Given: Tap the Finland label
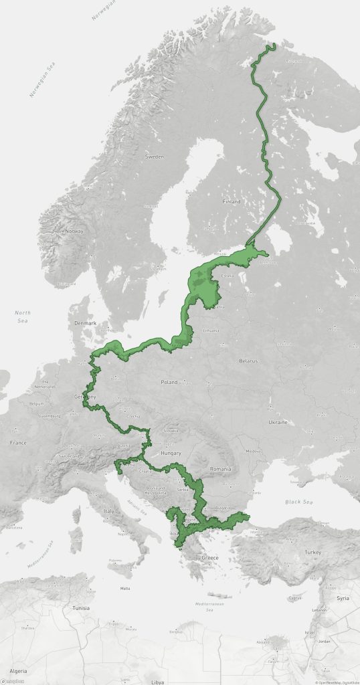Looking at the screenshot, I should tap(232, 201).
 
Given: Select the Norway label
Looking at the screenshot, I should tap(74, 231).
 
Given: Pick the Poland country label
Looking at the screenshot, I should tap(169, 382).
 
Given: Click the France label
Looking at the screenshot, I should tap(19, 443).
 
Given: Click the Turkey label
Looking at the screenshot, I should tap(312, 553).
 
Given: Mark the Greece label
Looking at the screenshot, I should tap(211, 557).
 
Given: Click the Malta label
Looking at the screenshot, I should tap(124, 589).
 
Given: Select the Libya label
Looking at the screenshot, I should tap(158, 682).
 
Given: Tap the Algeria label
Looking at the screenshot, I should tap(17, 670).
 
